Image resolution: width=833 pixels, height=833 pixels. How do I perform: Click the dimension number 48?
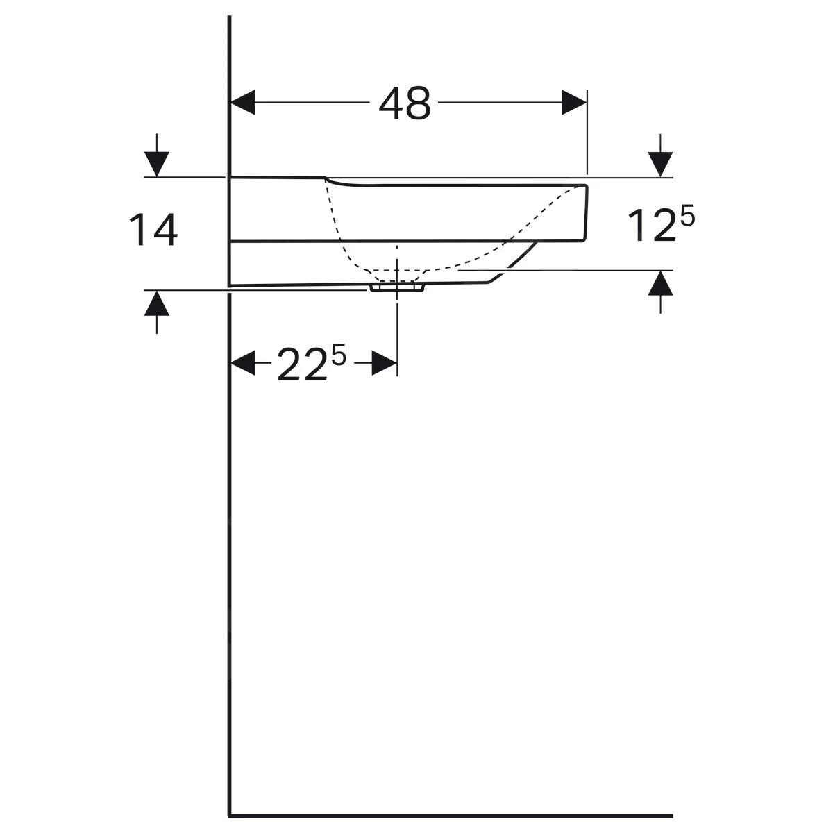tap(405, 103)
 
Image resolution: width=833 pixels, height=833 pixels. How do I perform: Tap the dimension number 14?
tap(153, 230)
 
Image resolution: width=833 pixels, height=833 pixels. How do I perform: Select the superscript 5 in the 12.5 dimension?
tap(687, 216)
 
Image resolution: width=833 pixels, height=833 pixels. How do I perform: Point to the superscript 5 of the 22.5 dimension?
tap(339, 357)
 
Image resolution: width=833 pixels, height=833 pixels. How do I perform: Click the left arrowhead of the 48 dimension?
tap(243, 103)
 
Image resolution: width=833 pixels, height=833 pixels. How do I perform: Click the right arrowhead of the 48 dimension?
tap(574, 103)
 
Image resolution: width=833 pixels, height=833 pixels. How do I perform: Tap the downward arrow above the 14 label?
tap(156, 155)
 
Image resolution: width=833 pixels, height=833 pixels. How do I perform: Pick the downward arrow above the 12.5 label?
tap(660, 155)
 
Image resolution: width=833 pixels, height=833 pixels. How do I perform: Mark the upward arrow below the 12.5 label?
tap(660, 292)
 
